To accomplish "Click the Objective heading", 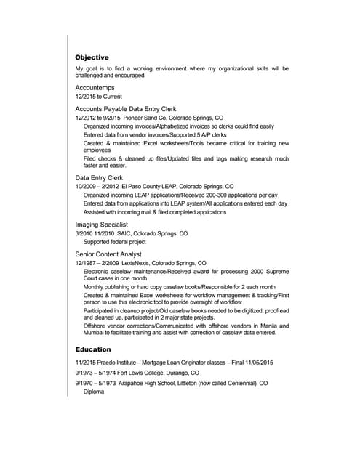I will pyautogui.click(x=92, y=57).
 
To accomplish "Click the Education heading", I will pyautogui.click(x=92, y=349).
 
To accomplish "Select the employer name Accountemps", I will pyautogui.click(x=95, y=88).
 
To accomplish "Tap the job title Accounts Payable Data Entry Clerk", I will pyautogui.click(x=126, y=108).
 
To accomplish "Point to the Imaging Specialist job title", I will pyautogui.click(x=104, y=225).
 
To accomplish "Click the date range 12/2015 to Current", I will pyautogui.click(x=98, y=97).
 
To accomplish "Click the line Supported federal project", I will pyautogui.click(x=115, y=242).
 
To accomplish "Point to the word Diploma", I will pyautogui.click(x=94, y=392).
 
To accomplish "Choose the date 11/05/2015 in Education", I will pyautogui.click(x=257, y=362).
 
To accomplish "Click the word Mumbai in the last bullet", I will pyautogui.click(x=95, y=333).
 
